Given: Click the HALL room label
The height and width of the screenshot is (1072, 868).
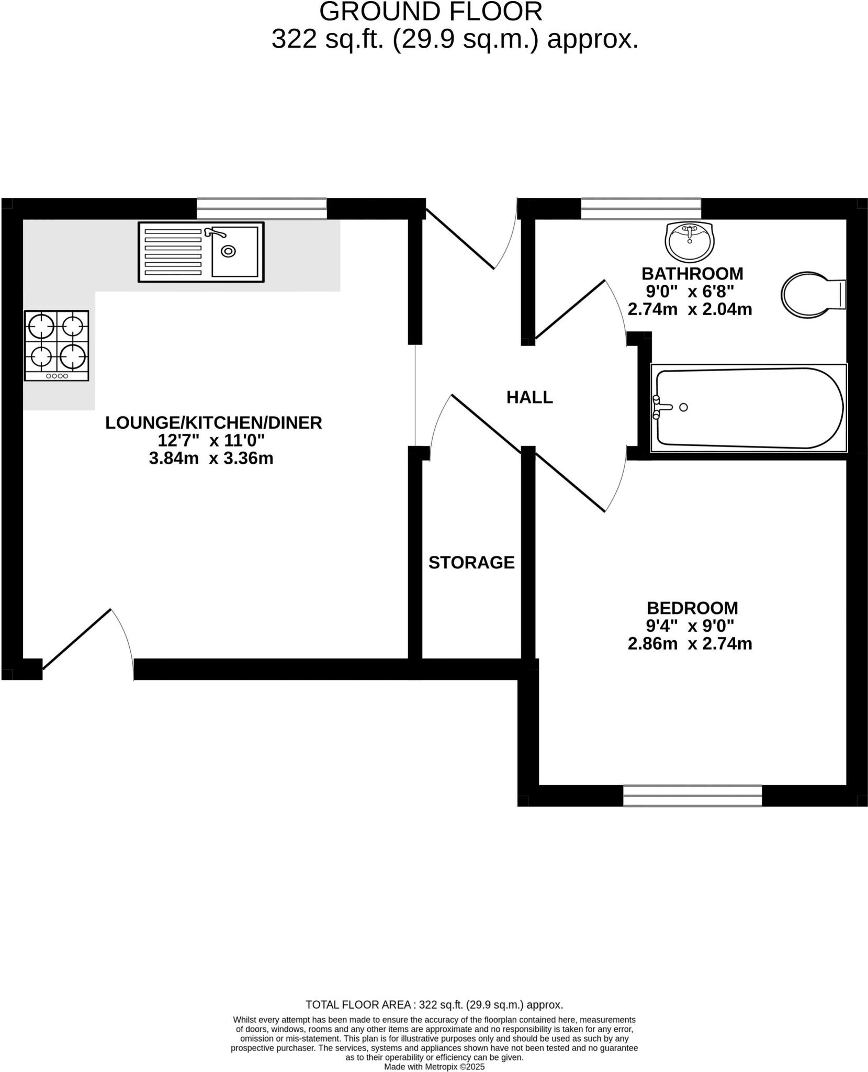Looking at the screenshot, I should tap(529, 397).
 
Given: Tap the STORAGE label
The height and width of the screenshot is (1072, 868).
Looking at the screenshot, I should tap(471, 562).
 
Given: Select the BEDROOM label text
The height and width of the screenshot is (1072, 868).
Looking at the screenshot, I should tap(692, 608).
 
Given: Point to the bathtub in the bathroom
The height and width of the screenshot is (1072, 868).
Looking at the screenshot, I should tap(748, 408).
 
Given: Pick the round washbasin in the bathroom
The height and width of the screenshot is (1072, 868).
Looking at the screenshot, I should tap(689, 241).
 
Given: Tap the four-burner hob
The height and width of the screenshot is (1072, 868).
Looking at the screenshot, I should tap(57, 345).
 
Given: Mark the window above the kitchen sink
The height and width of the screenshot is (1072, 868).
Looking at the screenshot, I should tap(262, 208).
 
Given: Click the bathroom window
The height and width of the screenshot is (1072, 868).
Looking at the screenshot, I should tap(641, 208).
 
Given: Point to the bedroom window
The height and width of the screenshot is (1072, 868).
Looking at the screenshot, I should tap(692, 796).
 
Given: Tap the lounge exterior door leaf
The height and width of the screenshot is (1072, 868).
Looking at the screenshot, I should tap(77, 639).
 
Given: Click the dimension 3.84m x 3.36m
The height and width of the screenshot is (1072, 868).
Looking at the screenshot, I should tap(211, 459).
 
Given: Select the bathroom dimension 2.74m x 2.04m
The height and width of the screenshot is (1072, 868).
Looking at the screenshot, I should tap(690, 309).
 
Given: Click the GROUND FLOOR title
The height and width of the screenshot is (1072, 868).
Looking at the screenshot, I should tap(431, 12).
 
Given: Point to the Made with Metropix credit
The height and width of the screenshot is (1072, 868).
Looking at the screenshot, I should tap(434, 1066).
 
